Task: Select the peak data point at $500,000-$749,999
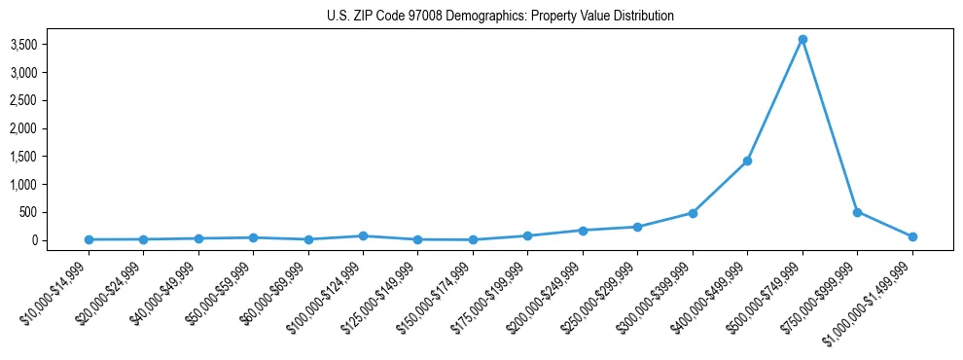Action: [802, 39]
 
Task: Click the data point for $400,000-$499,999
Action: [747, 161]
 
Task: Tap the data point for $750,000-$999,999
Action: [857, 212]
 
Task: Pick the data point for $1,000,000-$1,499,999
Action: [912, 236]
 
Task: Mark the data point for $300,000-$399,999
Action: [693, 213]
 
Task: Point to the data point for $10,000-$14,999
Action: [89, 239]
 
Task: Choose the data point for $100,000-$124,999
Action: [363, 235]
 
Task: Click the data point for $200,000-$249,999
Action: [583, 231]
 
